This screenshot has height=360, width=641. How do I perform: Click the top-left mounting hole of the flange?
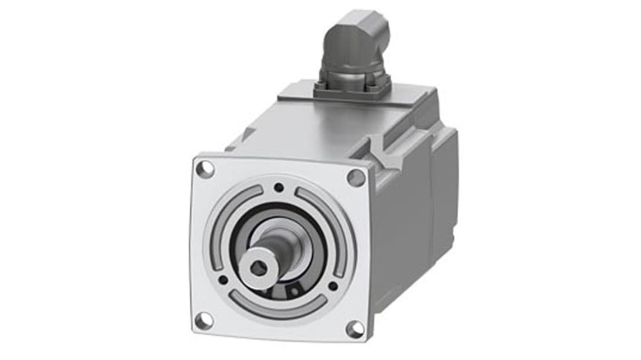tap(205, 169)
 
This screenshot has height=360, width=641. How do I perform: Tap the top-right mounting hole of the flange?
tap(356, 178)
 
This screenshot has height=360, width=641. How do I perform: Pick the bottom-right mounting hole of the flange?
tap(355, 329)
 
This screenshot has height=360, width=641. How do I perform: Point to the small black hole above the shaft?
tap(279, 187)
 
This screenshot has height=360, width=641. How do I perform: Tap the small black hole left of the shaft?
tap(223, 280)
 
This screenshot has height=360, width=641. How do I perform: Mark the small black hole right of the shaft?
tap(333, 286)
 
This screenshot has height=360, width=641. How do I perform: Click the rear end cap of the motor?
tap(445, 189)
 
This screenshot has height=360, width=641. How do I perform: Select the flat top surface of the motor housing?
tap(316, 131)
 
